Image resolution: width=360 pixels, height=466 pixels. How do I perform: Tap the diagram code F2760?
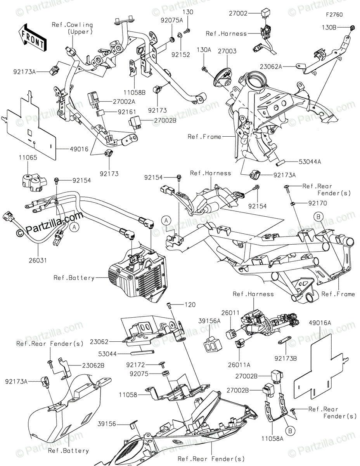(x=334, y=15)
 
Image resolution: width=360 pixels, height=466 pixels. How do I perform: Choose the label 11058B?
(x=134, y=92)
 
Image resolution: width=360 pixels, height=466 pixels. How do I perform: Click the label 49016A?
(x=320, y=323)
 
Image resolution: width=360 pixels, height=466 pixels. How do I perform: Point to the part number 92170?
(x=318, y=203)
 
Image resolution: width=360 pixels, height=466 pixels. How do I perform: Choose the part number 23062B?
(x=93, y=365)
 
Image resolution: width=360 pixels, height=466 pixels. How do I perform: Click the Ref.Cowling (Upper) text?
(x=73, y=28)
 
